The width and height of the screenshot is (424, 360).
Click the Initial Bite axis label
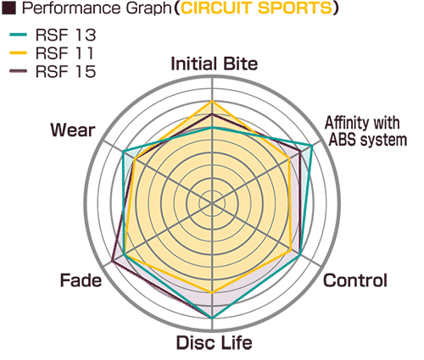coord(215,64)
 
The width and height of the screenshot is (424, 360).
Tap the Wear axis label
coord(73,130)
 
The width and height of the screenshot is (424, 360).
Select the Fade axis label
coord(81,280)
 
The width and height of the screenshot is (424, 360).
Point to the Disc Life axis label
coord(214,342)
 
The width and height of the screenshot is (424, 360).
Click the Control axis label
coord(355,280)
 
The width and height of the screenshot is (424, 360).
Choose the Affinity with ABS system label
coord(365,131)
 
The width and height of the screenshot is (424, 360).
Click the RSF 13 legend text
coord(65,35)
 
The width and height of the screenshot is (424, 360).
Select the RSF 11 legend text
coord(64,53)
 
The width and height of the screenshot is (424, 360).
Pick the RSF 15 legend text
coord(65,71)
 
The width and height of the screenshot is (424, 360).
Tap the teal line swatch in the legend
coord(19,35)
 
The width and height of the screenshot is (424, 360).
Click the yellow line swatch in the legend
coord(19,53)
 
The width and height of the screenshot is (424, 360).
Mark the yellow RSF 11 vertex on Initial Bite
coord(212,101)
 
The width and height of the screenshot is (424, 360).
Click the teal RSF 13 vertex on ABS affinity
coord(311,146)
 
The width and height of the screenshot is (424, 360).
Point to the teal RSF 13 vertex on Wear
coord(123,152)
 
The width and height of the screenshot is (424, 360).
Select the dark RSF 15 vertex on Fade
coord(112,262)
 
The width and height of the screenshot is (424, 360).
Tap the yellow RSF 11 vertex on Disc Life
coord(212,293)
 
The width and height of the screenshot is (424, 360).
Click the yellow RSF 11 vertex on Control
coord(292,250)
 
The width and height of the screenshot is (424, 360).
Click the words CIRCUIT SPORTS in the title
coord(257,8)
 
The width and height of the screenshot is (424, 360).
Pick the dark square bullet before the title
coord(8,8)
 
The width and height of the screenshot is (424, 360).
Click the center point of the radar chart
coord(212,203)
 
